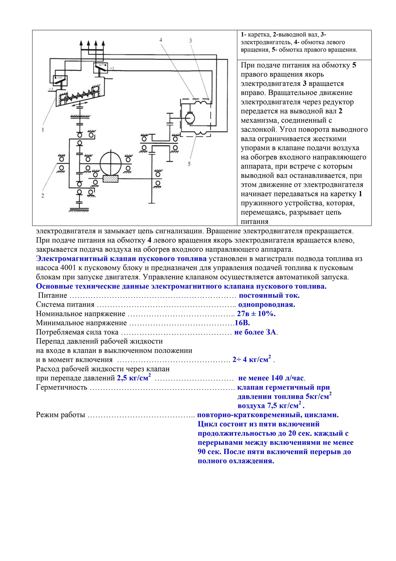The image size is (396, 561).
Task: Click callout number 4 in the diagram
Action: pos(161,40)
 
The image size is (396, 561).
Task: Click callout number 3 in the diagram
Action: pos(191,41)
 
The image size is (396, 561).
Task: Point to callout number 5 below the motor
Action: pos(189,164)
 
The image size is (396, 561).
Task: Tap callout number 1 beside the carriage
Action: pos(43,129)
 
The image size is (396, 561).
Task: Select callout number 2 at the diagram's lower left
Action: pos(43,195)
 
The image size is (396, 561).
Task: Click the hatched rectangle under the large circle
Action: pos(110,179)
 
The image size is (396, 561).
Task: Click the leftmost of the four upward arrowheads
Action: pos(81,43)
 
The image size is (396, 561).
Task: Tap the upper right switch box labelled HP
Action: pos(101,67)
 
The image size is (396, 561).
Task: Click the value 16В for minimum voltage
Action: pos(242,323)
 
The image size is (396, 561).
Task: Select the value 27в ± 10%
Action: pos(256,314)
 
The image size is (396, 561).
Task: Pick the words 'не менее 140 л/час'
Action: pos(271,378)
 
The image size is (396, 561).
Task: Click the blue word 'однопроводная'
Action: pos(266,304)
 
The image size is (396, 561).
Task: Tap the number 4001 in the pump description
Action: pos(68,268)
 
